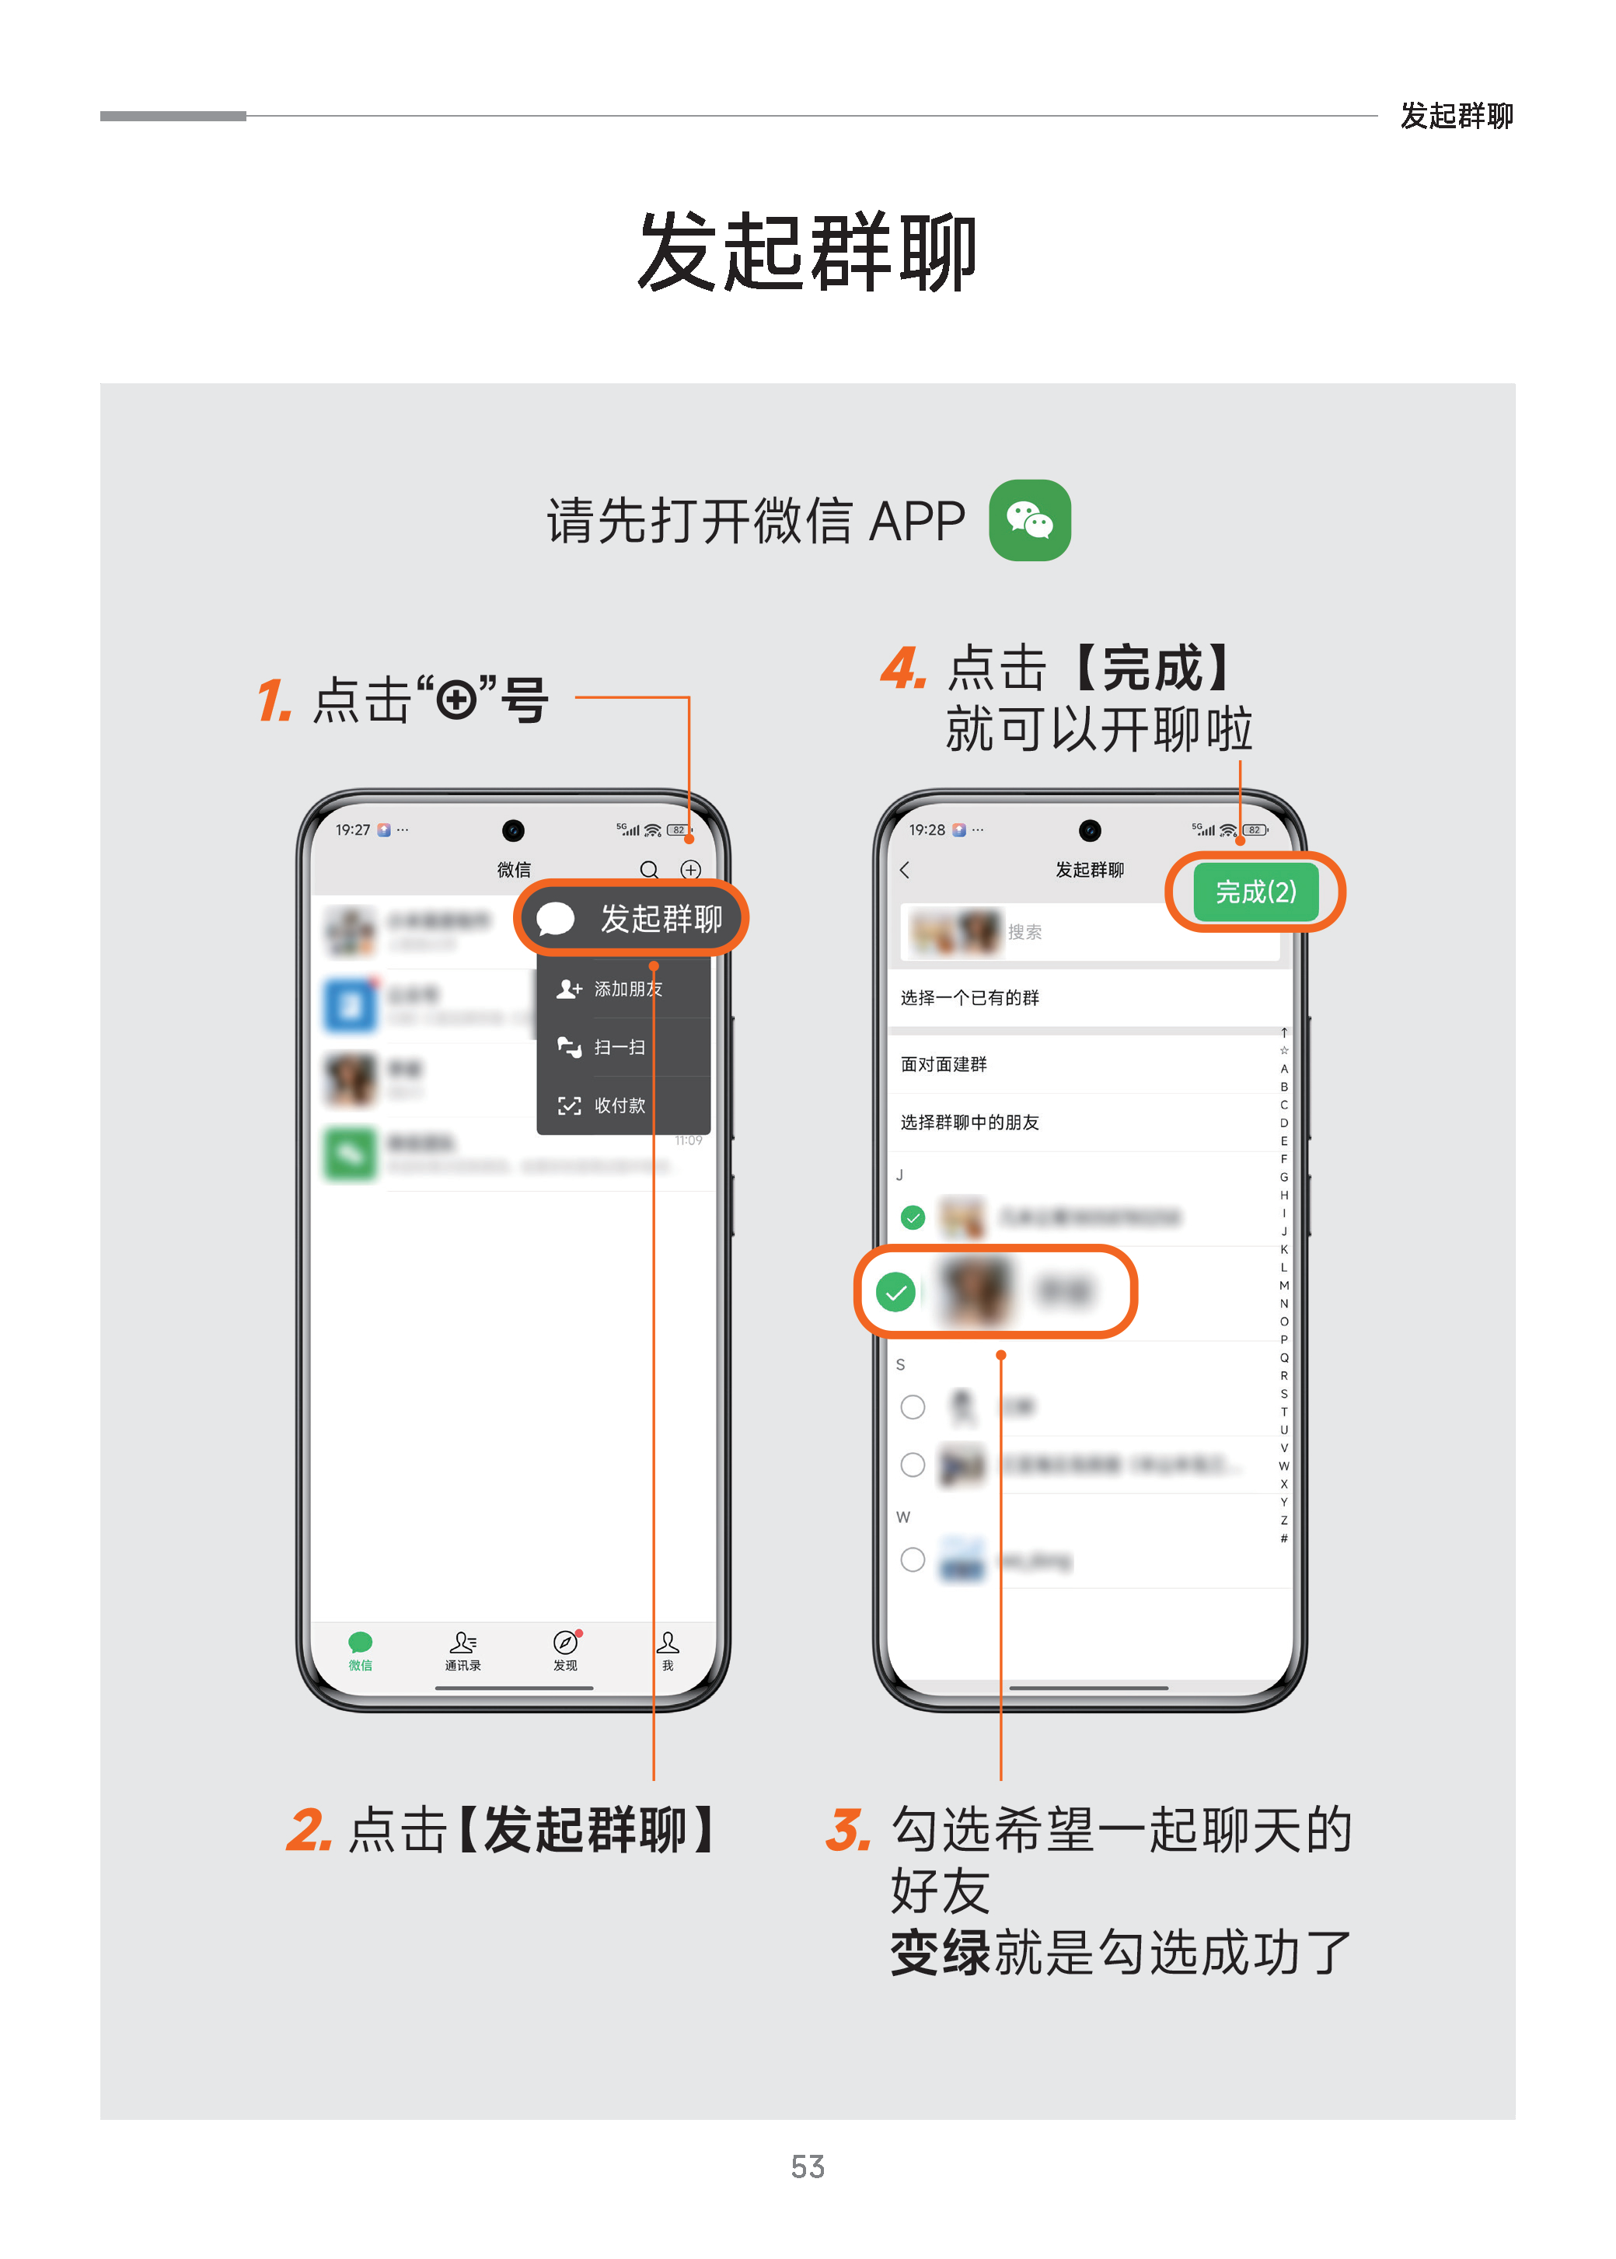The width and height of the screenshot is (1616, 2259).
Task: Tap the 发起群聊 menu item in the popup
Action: (x=631, y=917)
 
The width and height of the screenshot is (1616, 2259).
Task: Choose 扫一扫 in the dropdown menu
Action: (x=619, y=1047)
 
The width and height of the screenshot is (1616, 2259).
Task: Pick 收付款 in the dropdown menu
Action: (x=619, y=1105)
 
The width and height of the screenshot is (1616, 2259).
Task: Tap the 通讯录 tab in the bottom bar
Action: (x=462, y=1651)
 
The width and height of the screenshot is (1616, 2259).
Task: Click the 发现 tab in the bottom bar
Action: (x=565, y=1651)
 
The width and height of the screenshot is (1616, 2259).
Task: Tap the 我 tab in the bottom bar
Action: (x=668, y=1651)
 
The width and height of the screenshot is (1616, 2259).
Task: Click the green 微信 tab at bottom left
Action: (x=360, y=1651)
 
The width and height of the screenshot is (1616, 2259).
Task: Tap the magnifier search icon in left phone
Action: (x=649, y=870)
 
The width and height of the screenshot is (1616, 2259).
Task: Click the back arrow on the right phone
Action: (x=905, y=870)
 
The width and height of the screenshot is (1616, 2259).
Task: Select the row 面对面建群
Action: (x=944, y=1064)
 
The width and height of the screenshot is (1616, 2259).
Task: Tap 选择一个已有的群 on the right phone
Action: (x=970, y=997)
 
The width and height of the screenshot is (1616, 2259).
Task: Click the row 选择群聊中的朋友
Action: (x=970, y=1122)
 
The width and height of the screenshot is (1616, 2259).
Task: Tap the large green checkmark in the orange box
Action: (x=895, y=1292)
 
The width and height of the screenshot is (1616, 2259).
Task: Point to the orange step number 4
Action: (x=903, y=668)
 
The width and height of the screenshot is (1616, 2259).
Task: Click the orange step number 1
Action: (x=274, y=700)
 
